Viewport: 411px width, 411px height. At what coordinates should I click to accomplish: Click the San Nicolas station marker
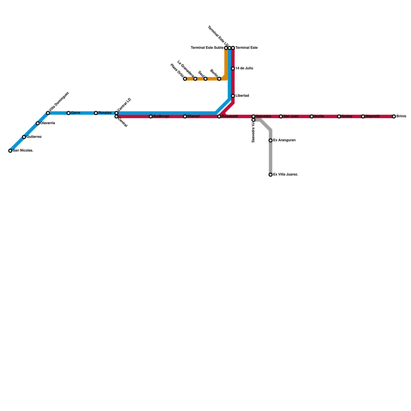coord(10,151)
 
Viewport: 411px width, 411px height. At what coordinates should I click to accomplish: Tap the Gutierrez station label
coord(34,137)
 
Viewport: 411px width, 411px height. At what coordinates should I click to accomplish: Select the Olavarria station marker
coord(38,123)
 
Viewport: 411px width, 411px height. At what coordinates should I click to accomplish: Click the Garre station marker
coord(69,113)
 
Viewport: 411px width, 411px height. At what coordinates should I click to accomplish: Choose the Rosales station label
coord(105,113)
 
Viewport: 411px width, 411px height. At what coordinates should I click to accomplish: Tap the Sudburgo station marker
coord(151,117)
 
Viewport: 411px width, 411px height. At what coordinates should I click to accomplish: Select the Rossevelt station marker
coord(219,117)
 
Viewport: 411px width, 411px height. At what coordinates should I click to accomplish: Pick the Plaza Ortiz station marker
coord(185,79)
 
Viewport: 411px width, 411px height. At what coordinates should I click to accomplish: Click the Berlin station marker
coord(219,79)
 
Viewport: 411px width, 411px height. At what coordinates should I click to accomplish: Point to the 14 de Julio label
coord(244,68)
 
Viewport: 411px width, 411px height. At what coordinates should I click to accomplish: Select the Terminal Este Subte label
coord(207,48)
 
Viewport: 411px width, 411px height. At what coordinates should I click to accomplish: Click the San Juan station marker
coord(281,117)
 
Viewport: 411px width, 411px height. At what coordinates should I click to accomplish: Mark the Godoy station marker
coord(339,117)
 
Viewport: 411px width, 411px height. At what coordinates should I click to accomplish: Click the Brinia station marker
coord(394,117)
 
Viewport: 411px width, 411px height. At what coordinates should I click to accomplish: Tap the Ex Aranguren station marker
coord(270,141)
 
